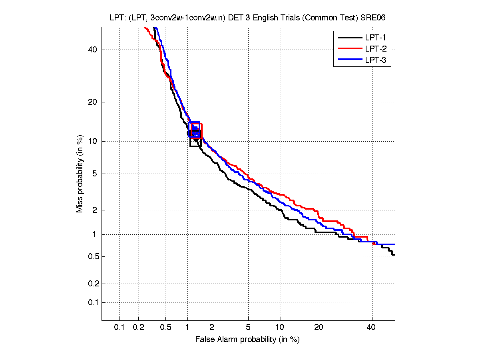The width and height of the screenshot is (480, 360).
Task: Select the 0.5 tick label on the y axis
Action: coord(92,256)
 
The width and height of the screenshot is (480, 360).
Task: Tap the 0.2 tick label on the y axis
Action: coord(92,284)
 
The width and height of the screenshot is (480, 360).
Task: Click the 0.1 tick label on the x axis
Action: coord(120,328)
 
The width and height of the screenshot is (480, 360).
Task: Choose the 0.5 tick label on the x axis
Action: coord(165,328)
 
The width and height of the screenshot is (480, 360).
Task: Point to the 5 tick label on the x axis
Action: coord(248,328)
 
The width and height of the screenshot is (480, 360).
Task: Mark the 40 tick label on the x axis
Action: coord(372,328)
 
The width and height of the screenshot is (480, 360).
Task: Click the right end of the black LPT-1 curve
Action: coord(394,254)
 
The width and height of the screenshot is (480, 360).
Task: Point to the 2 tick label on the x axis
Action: coord(212,328)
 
